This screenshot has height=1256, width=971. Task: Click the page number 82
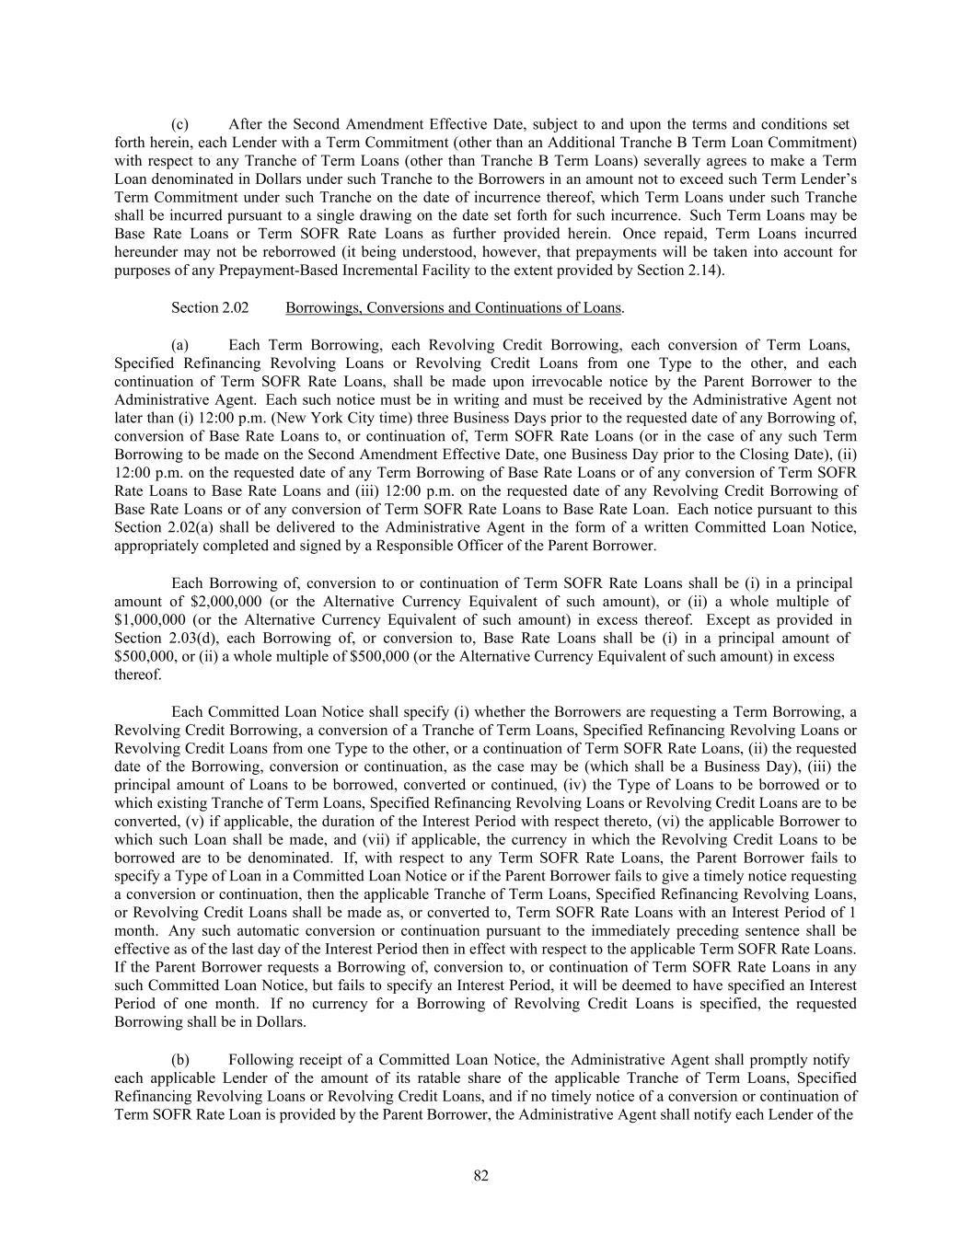coord(480,1176)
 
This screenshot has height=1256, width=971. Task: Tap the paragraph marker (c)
coord(180,124)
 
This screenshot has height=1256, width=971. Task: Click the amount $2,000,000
coord(231,602)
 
